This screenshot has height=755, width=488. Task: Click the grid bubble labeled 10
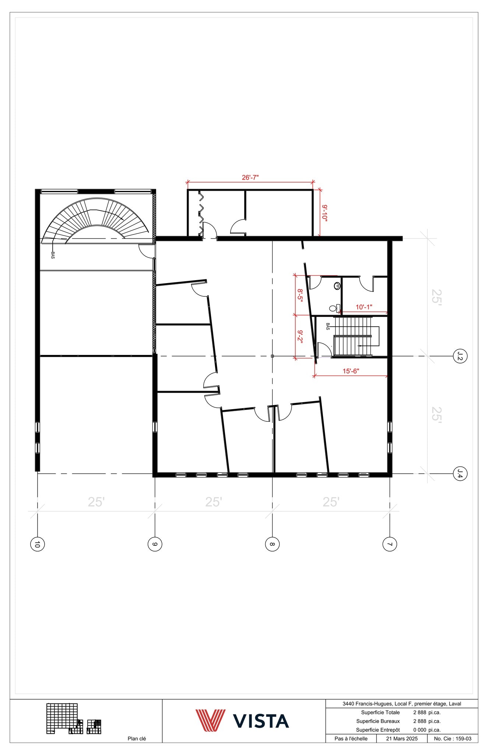pos(37,544)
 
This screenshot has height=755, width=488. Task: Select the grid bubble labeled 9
pos(155,544)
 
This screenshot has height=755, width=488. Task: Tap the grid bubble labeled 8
pos(272,544)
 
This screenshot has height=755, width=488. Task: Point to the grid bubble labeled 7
pos(390,544)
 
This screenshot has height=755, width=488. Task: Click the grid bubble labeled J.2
pos(460,356)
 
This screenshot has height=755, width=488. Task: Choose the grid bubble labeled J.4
pos(460,473)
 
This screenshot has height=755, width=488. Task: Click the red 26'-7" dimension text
pos(250,177)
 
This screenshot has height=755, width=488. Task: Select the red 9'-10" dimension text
pos(324,213)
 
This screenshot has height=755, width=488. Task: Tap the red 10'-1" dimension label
pos(364,307)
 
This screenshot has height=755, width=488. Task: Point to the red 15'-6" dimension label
pos(351,371)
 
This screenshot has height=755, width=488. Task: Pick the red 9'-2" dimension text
pos(300,337)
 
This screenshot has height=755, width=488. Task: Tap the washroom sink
pos(337,286)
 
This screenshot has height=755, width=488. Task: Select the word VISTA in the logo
pos(261,721)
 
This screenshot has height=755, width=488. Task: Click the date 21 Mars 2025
pos(402,738)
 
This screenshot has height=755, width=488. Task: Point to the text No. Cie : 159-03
pos(453,738)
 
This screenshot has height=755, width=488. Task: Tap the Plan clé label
pos(137,738)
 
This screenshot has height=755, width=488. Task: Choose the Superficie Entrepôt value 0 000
pos(419,730)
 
